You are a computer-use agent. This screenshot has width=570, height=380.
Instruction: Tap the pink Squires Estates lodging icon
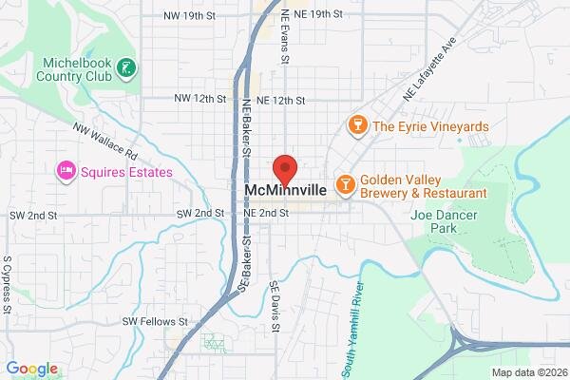tap(66, 172)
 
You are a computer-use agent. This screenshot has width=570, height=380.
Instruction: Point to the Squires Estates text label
tap(126, 172)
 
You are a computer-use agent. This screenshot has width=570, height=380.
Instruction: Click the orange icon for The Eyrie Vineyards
tap(357, 125)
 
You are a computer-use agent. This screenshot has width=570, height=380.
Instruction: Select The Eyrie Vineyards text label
tap(430, 126)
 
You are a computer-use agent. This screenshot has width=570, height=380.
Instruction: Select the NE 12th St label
tap(281, 99)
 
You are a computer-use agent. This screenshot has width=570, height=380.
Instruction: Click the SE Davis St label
tap(275, 306)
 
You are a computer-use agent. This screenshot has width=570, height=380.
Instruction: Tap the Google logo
tap(32, 369)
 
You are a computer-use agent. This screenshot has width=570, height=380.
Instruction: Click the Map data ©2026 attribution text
tap(527, 371)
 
